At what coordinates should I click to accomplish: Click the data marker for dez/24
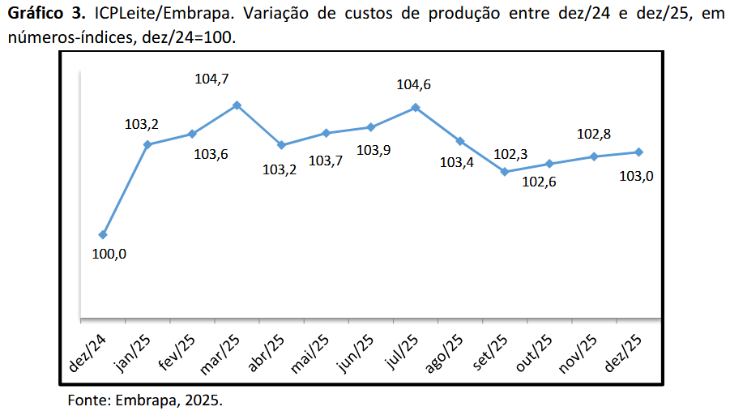pyautogui.click(x=102, y=235)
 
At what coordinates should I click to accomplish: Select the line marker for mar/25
pyautogui.click(x=237, y=105)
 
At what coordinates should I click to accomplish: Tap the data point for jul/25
pyautogui.click(x=416, y=107)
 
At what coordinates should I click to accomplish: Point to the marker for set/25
pyautogui.click(x=505, y=172)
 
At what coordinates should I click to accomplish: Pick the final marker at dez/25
pyautogui.click(x=639, y=152)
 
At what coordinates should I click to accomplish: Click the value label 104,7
pyautogui.click(x=212, y=79)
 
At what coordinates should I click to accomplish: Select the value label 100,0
pyautogui.click(x=110, y=254)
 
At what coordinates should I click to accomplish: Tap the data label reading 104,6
pyautogui.click(x=413, y=84)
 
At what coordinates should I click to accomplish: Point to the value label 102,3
pyautogui.click(x=510, y=154)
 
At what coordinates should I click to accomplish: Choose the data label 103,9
pyautogui.click(x=374, y=150)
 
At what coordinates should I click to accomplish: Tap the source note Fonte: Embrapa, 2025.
pyautogui.click(x=144, y=400)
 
